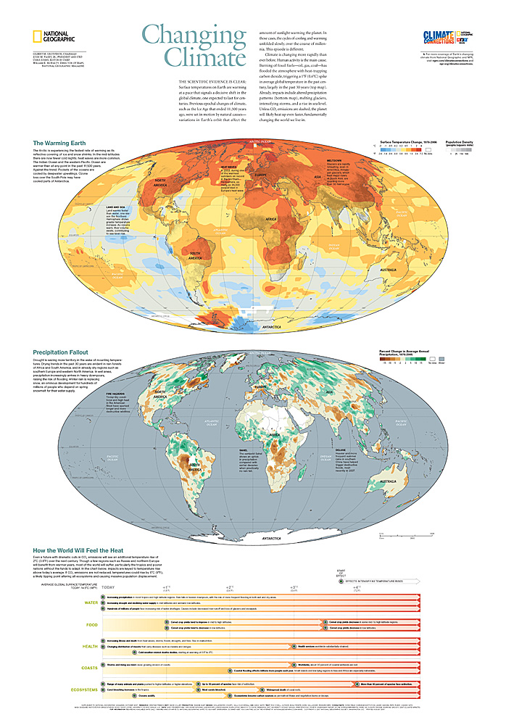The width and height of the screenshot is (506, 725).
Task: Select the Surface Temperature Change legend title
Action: click(407, 143)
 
